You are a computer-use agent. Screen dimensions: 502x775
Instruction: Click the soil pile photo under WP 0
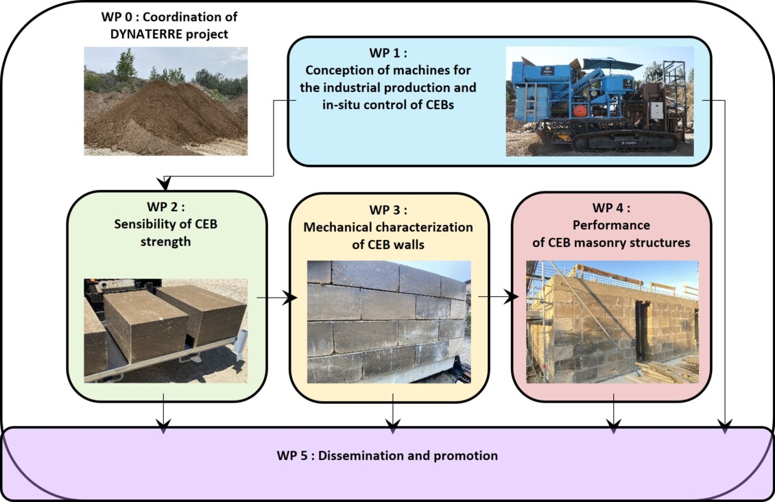coord(165,101)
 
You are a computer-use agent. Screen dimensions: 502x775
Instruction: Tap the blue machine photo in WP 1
coord(599,101)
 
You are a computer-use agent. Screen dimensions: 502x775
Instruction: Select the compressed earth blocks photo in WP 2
coord(165,330)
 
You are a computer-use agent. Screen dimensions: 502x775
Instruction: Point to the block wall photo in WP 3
coord(388,322)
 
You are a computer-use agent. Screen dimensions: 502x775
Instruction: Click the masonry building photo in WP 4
coord(612,322)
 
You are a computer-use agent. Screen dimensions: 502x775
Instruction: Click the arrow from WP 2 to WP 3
coord(277,298)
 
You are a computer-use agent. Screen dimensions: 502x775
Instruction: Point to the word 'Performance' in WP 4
coord(612,226)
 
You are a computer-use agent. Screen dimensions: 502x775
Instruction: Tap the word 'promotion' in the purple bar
coord(466,455)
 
